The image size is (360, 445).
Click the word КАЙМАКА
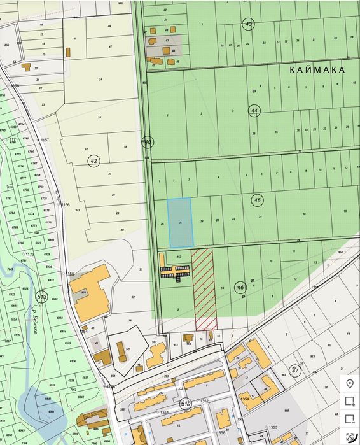(x=317, y=69)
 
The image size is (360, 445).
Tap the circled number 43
(x=249, y=24)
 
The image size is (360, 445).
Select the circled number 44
(x=254, y=110)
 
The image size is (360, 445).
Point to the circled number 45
(x=258, y=200)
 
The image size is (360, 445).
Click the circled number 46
(x=240, y=287)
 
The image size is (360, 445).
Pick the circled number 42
(x=94, y=160)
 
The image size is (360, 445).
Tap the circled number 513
(x=42, y=296)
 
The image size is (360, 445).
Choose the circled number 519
(x=185, y=403)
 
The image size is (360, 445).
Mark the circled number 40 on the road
(x=148, y=141)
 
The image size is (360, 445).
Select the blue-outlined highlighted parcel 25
(x=181, y=223)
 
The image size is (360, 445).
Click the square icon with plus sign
(x=349, y=401)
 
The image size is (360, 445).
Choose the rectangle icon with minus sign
(x=349, y=418)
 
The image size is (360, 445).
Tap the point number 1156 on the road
(x=65, y=205)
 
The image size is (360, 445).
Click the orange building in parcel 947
(x=121, y=351)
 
